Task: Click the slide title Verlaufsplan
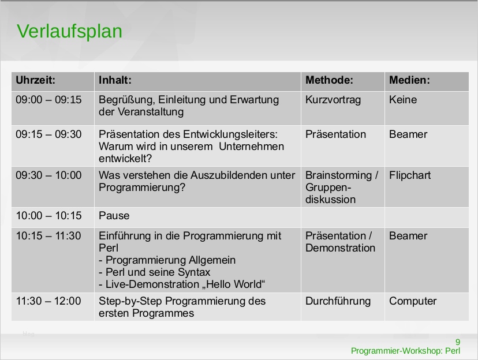pyautogui.click(x=69, y=31)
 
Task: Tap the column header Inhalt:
pyautogui.click(x=115, y=80)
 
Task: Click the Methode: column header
pyautogui.click(x=329, y=80)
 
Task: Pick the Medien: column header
pyautogui.click(x=409, y=80)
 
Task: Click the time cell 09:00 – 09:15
pyautogui.click(x=49, y=100)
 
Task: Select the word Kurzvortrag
pyautogui.click(x=333, y=100)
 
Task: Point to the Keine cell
pyautogui.click(x=403, y=100)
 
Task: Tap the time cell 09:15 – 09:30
pyautogui.click(x=49, y=134)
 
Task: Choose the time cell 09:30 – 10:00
pyautogui.click(x=49, y=175)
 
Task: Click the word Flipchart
pyautogui.click(x=410, y=175)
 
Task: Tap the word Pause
pyautogui.click(x=114, y=216)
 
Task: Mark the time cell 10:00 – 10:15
pyautogui.click(x=49, y=216)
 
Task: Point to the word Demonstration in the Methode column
pyautogui.click(x=341, y=248)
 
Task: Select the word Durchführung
pyautogui.click(x=338, y=301)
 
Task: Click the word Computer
pyautogui.click(x=413, y=301)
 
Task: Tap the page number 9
pyautogui.click(x=458, y=341)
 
